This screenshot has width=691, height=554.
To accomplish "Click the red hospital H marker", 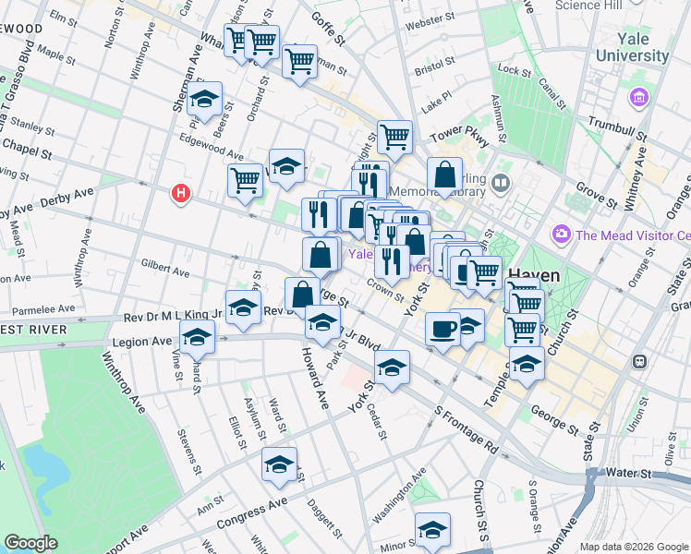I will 181,194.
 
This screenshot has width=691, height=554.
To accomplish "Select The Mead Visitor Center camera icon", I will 561,235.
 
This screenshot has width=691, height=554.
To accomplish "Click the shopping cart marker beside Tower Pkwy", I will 394,137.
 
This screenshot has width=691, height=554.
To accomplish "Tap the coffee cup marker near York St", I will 443,329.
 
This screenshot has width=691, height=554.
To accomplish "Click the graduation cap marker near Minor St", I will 431,529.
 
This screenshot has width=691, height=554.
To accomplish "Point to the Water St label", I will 630,473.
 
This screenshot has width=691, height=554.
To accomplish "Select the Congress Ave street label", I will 252,516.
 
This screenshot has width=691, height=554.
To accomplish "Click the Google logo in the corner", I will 30,543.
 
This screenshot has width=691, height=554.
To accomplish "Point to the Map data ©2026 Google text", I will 632,547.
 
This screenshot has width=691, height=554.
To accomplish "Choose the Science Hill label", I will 598,5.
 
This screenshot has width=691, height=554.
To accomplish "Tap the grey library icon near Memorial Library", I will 501,183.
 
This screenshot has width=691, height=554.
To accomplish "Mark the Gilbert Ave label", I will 164,269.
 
